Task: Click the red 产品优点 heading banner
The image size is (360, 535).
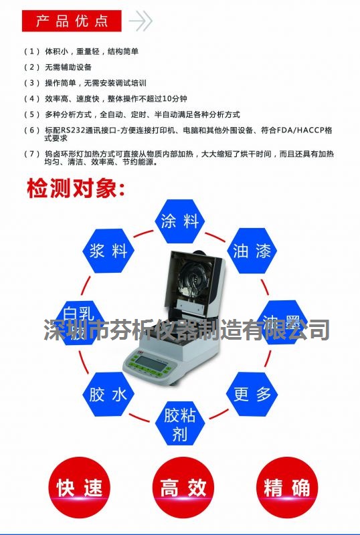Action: [x=72, y=21]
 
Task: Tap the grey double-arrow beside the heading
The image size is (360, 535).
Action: [x=140, y=21]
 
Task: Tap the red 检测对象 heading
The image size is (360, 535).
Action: [x=75, y=189]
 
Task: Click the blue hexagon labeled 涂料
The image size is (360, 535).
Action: [x=180, y=221]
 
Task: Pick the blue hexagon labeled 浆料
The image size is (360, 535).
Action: [x=108, y=251]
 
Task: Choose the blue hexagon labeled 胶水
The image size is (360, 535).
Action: [x=108, y=395]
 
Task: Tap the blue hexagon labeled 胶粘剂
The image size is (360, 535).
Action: [x=179, y=425]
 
